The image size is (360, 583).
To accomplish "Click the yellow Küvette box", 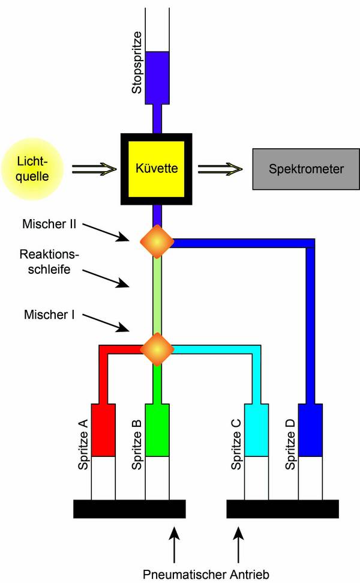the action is click(x=157, y=169).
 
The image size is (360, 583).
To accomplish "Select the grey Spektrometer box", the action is click(x=306, y=169).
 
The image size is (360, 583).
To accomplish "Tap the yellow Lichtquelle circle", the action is click(x=32, y=169).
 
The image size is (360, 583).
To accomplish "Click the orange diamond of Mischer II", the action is click(x=157, y=242).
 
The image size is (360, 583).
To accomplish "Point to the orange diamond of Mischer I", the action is click(x=157, y=349).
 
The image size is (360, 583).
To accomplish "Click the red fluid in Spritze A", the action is click(x=103, y=430).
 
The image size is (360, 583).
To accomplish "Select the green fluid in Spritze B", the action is click(x=157, y=430).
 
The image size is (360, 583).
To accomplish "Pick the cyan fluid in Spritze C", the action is click(x=256, y=430).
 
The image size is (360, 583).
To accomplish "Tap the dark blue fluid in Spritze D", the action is click(x=311, y=430).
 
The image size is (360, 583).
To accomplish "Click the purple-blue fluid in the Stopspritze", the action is click(x=157, y=77).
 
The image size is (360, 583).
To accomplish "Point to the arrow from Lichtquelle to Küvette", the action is click(x=94, y=169).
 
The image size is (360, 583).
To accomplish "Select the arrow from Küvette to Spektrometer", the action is click(x=220, y=169).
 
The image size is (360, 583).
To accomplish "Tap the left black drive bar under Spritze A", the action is click(x=129, y=509).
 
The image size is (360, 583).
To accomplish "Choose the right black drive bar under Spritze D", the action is click(x=283, y=509).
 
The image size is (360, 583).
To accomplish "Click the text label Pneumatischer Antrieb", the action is click(x=206, y=574).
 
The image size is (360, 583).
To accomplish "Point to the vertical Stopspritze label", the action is click(x=137, y=62).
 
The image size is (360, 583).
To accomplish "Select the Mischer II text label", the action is click(x=49, y=224).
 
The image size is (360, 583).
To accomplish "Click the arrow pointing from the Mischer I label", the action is click(x=106, y=323).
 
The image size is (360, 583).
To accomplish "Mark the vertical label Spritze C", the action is click(x=236, y=444).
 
